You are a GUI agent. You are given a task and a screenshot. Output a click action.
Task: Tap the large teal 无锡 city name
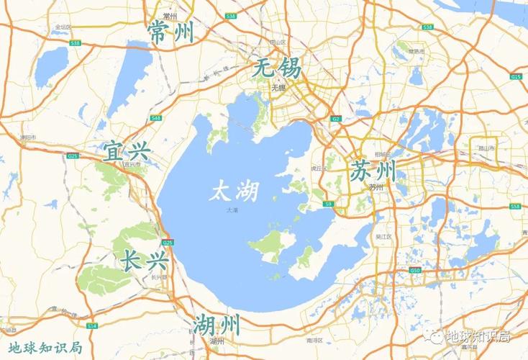[x=278, y=71]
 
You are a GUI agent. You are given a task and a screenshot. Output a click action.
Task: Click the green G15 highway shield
[x=516, y=76]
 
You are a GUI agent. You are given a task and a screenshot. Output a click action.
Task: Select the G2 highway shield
[x=336, y=118]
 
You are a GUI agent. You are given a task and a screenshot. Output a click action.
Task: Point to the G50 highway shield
[x=415, y=270]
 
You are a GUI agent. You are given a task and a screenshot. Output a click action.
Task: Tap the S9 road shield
[x=329, y=204]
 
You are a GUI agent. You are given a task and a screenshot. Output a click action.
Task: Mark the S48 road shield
[x=156, y=117]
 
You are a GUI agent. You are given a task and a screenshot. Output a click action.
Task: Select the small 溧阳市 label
[x=28, y=135]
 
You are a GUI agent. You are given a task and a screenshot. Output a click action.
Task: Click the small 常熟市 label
[x=416, y=52]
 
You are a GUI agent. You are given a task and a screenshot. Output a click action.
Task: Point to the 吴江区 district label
[x=383, y=236]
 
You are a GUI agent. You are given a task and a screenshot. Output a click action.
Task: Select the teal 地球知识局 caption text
[x=41, y=348]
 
